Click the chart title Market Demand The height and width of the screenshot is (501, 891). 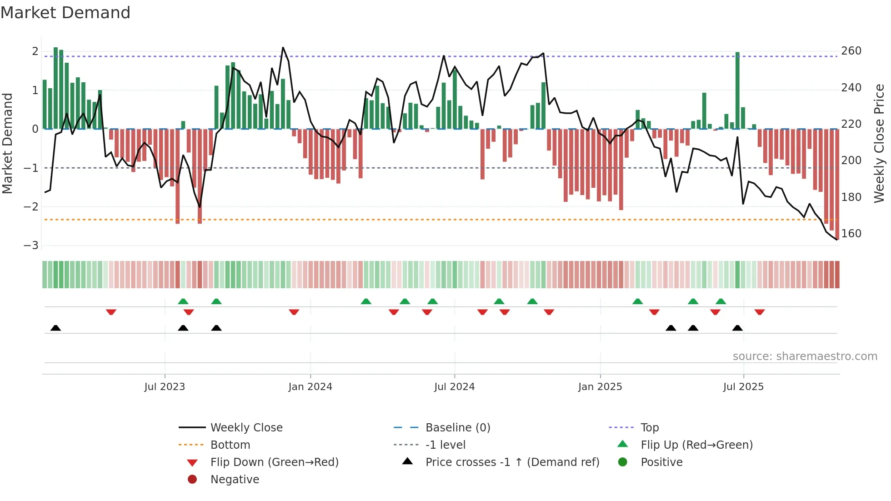click(65, 13)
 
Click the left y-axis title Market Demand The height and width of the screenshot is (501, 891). click(8, 143)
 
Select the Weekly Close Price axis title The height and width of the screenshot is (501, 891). click(879, 143)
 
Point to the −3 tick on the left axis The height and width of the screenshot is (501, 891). click(31, 245)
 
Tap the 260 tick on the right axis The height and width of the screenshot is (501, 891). click(851, 51)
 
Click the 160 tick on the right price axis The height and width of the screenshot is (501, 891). click(851, 234)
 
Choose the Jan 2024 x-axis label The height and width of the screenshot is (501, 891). click(310, 387)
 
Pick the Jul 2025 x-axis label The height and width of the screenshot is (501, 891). click(743, 387)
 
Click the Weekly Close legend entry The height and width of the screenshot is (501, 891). click(246, 428)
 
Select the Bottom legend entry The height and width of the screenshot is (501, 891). click(230, 445)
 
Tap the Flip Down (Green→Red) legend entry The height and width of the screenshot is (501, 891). click(274, 462)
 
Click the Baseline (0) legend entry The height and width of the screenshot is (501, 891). click(457, 428)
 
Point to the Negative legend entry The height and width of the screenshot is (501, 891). click(235, 480)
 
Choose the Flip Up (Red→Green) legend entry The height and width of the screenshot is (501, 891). click(696, 445)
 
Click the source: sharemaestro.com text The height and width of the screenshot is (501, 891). click(805, 356)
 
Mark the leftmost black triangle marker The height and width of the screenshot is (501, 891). click(55, 328)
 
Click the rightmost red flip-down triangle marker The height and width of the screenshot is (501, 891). click(760, 312)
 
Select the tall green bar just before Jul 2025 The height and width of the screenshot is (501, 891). click(737, 91)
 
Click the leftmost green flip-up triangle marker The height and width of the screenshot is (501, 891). click(183, 301)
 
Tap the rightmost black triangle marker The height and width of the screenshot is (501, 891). click(737, 328)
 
